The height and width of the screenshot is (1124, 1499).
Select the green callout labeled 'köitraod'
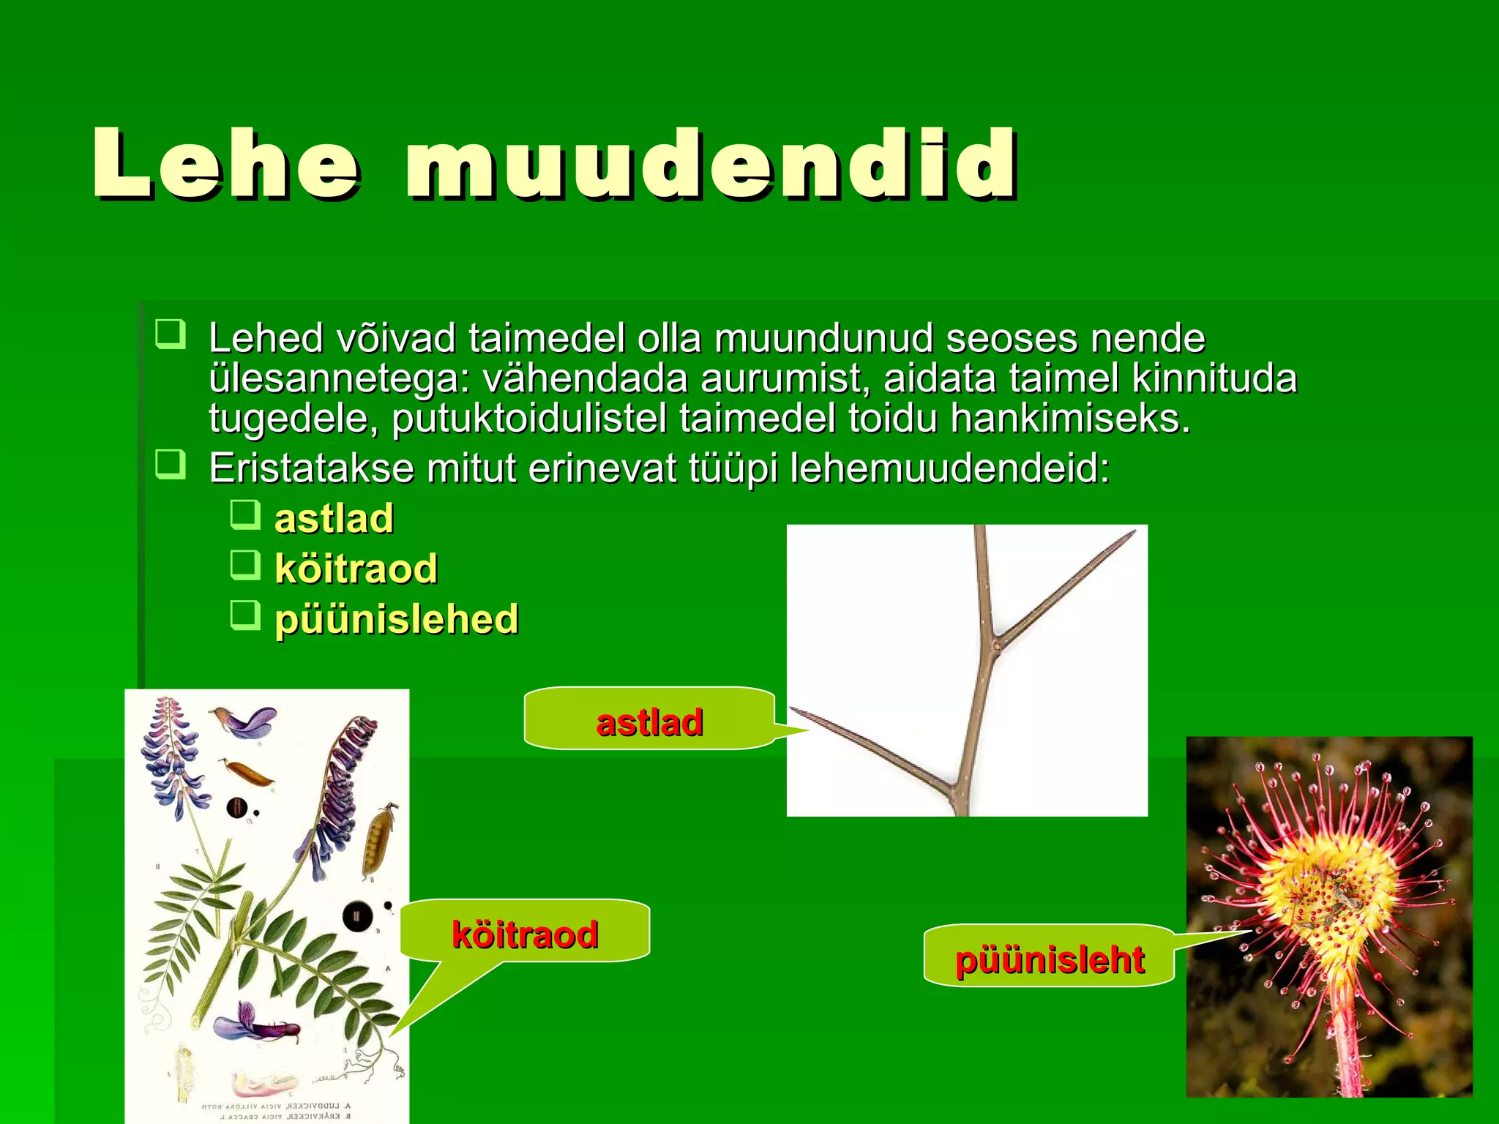tap(525, 933)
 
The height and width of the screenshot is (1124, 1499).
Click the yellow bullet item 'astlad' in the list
tap(334, 518)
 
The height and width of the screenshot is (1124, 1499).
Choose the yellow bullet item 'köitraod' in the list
tap(356, 569)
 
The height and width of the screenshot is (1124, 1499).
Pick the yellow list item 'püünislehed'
tap(396, 619)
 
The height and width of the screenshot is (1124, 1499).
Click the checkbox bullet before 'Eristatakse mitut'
tap(171, 464)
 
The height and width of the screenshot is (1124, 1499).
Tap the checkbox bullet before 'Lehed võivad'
tap(171, 334)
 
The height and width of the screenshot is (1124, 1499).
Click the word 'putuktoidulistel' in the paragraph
tap(528, 419)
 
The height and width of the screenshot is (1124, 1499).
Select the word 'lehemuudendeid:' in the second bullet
tap(949, 468)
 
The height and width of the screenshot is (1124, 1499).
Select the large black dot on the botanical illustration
tap(356, 915)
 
